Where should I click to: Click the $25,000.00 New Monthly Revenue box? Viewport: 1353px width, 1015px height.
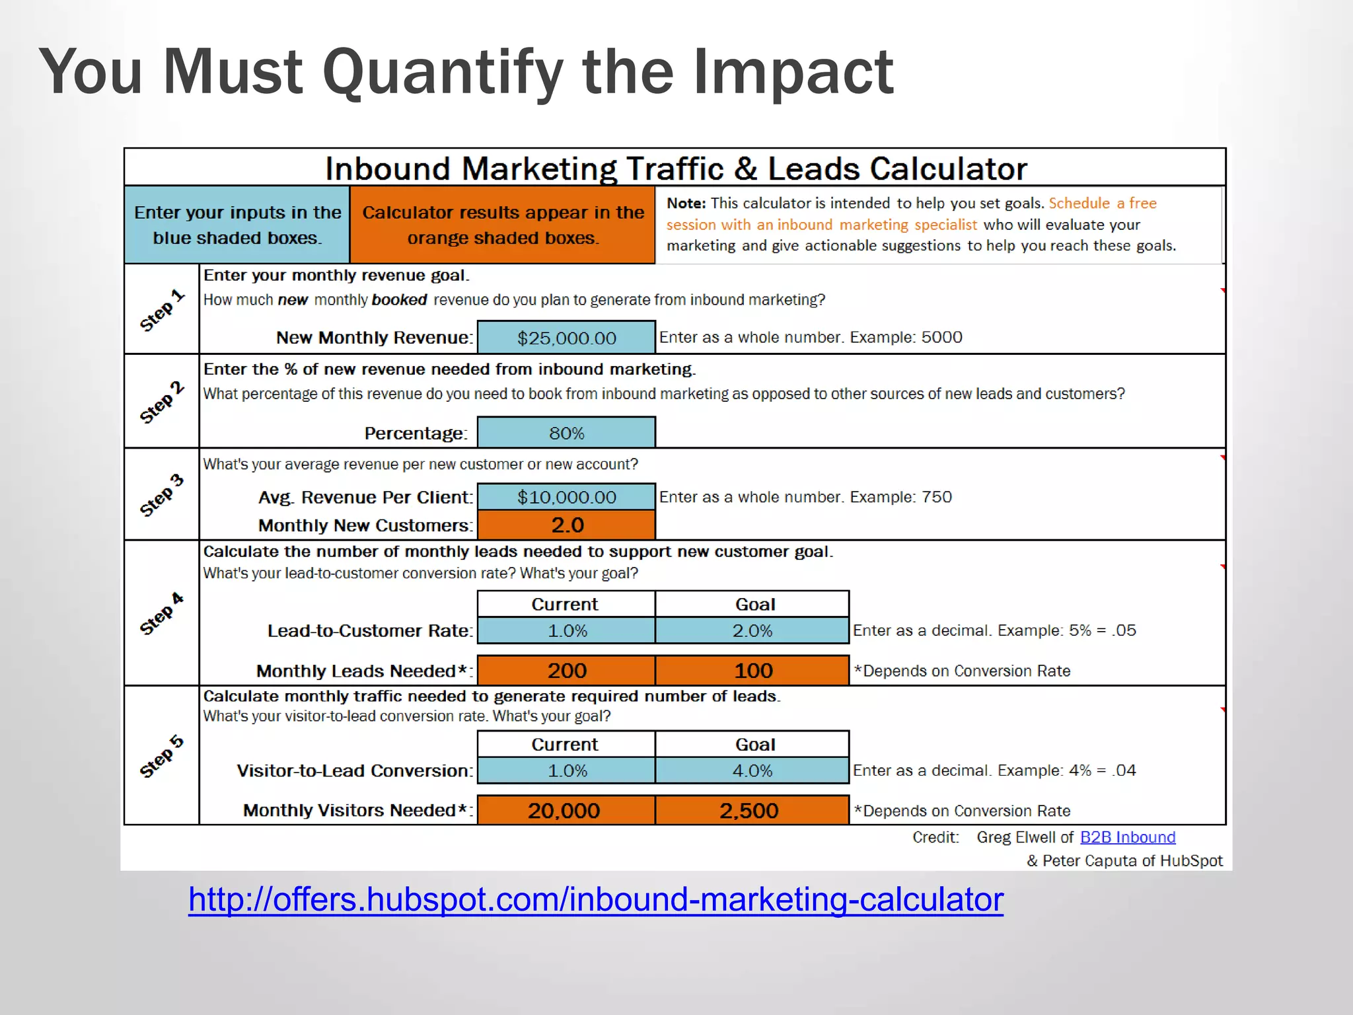[566, 338]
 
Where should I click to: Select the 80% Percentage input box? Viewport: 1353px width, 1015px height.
[566, 433]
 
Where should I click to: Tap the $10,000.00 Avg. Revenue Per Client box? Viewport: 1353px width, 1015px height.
[566, 497]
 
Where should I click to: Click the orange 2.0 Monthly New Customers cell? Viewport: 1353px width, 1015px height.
[566, 525]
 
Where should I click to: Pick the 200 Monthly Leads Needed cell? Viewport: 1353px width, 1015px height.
[566, 671]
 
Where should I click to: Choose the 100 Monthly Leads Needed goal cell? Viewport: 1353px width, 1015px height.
[752, 671]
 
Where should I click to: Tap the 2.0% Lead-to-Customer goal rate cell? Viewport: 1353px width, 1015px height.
[752, 630]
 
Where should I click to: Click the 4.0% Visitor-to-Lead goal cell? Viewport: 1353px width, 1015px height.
[752, 771]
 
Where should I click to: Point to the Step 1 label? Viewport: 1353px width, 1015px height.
[161, 309]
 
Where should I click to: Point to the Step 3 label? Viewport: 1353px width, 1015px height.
[161, 494]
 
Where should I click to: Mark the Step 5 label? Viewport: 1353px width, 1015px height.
[161, 756]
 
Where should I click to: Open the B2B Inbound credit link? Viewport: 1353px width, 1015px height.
[1128, 837]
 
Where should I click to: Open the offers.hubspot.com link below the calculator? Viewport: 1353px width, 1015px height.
[595, 899]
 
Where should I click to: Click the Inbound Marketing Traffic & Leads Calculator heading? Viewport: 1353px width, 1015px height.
[675, 169]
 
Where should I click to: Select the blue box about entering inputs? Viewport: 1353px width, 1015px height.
[237, 225]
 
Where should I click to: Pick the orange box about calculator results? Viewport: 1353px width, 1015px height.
[503, 225]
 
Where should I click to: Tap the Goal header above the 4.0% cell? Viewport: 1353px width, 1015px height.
[754, 744]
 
